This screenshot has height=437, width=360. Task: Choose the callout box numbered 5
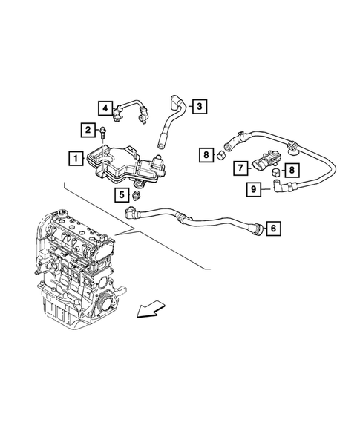click(120, 195)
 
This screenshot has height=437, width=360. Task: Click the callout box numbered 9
click(254, 190)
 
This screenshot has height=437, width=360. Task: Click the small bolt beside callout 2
click(105, 133)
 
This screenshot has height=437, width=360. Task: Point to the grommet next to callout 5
click(137, 195)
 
